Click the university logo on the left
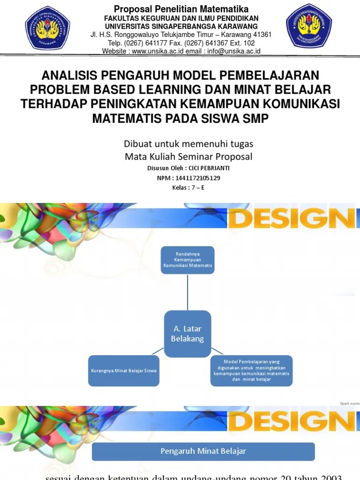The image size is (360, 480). [x=47, y=28]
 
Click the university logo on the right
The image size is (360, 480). [x=309, y=27]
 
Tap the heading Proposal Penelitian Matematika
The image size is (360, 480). [x=181, y=9]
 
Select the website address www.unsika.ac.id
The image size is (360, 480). [x=158, y=51]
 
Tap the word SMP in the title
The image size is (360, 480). [x=255, y=118]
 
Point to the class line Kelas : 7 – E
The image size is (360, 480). [x=188, y=188]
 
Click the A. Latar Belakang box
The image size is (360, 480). [x=187, y=333]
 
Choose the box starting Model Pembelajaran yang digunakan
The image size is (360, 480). [x=251, y=370]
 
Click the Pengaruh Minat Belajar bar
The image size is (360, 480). [x=203, y=451]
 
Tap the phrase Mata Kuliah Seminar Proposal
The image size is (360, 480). [x=188, y=157]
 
